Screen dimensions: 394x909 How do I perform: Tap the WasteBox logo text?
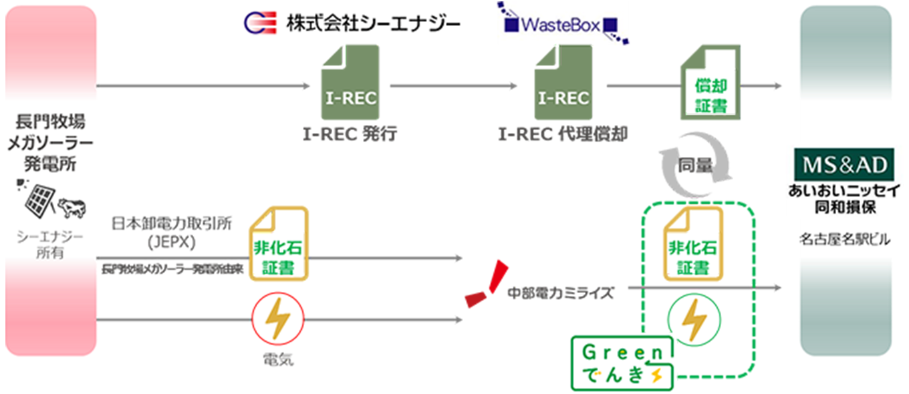[563, 25]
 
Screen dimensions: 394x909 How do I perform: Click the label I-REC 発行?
[350, 134]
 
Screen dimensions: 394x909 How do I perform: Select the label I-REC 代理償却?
[563, 134]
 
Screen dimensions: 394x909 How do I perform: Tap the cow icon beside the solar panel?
[72, 208]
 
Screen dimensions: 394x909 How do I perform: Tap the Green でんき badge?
[622, 363]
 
